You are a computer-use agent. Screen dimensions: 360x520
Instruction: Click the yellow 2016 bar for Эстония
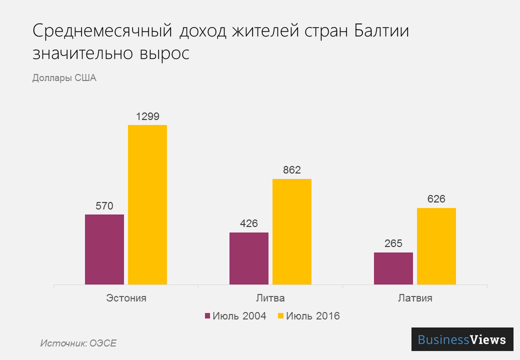[x=148, y=205]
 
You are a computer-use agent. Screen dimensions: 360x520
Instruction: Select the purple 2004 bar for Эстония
[x=105, y=250]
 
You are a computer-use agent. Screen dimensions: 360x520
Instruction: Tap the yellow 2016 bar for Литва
[x=292, y=232]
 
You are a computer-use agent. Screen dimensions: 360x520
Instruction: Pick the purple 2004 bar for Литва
[x=249, y=259]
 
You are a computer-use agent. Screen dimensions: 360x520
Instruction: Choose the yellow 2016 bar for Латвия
[x=436, y=247]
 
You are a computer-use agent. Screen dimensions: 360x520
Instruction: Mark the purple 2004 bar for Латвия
[x=393, y=268]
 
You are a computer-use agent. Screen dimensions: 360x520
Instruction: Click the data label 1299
[x=148, y=116]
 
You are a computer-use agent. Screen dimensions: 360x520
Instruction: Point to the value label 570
[x=105, y=205]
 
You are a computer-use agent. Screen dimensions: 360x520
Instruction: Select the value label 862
[x=292, y=170]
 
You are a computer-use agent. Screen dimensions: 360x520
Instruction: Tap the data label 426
[x=249, y=224]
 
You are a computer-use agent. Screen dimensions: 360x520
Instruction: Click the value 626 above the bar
[x=436, y=199]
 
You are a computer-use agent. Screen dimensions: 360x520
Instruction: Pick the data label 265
[x=393, y=243]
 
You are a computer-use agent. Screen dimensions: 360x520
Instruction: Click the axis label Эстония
[x=126, y=299]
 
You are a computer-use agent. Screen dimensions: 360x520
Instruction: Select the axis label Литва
[x=270, y=299]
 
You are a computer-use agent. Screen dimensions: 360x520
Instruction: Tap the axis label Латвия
[x=415, y=299]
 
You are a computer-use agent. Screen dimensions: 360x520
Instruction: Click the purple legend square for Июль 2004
[x=207, y=316]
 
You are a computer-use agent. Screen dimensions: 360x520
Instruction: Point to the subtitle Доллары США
[x=64, y=79]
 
